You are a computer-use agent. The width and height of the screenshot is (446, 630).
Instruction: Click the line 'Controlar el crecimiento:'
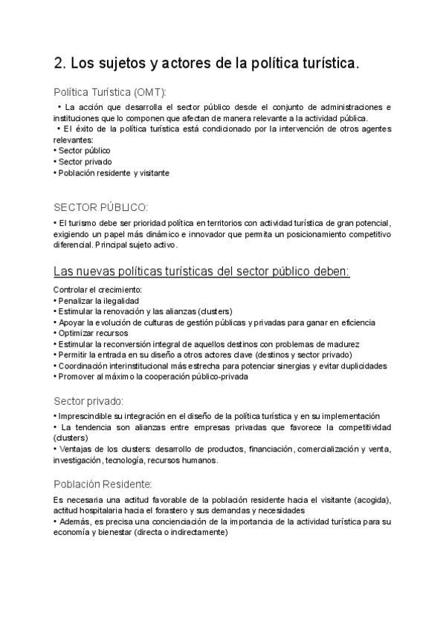pyautogui.click(x=97, y=289)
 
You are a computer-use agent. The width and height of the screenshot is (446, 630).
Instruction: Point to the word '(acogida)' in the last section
pyautogui.click(x=370, y=499)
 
